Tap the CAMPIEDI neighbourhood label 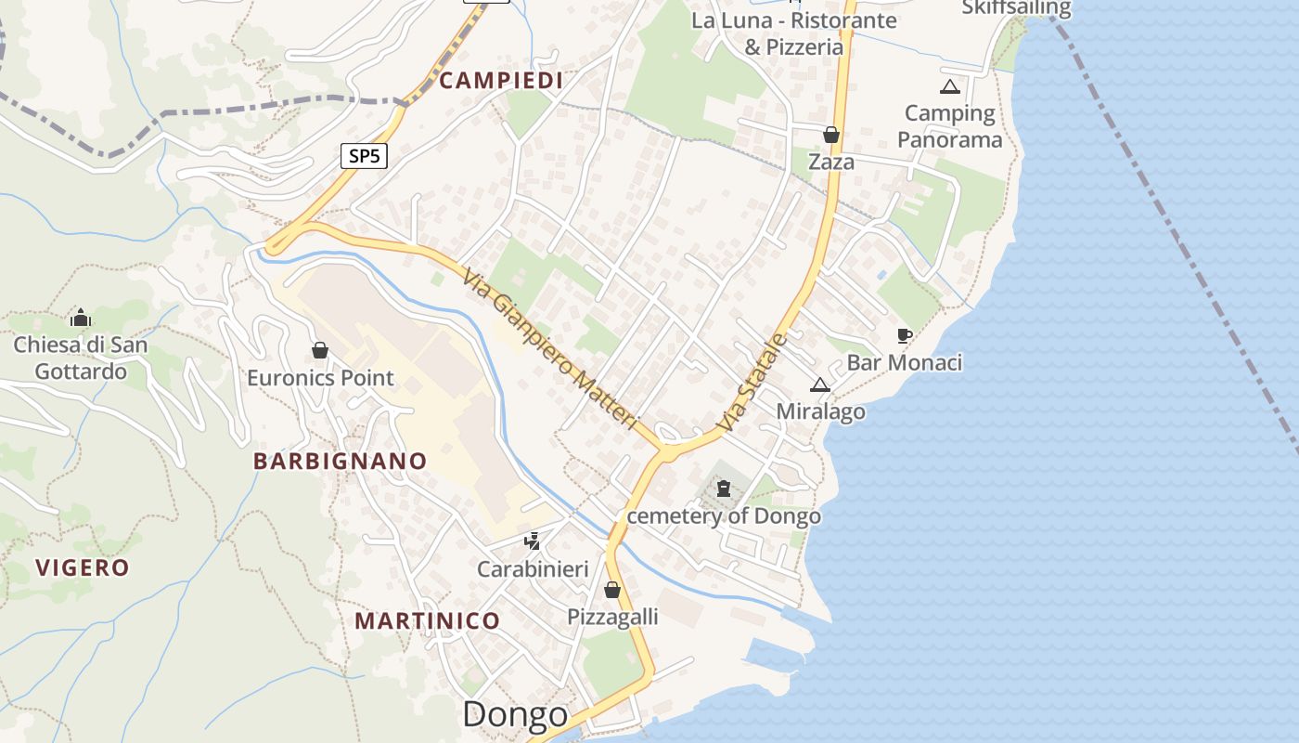click(501, 81)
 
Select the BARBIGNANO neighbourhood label click(340, 461)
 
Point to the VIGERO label click(83, 567)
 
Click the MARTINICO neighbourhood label click(427, 620)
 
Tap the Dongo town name click(514, 714)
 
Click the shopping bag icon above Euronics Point click(320, 350)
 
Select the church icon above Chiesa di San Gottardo click(81, 318)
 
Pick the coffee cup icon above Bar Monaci click(904, 335)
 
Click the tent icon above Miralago click(820, 385)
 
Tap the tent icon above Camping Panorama click(949, 87)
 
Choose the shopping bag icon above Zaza click(831, 135)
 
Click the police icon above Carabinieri click(533, 541)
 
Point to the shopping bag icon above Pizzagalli click(612, 590)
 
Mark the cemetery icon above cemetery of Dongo click(724, 488)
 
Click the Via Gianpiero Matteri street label click(551, 349)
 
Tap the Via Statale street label click(752, 382)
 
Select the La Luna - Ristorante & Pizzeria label click(794, 33)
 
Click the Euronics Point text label click(320, 378)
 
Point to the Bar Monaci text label click(904, 362)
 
